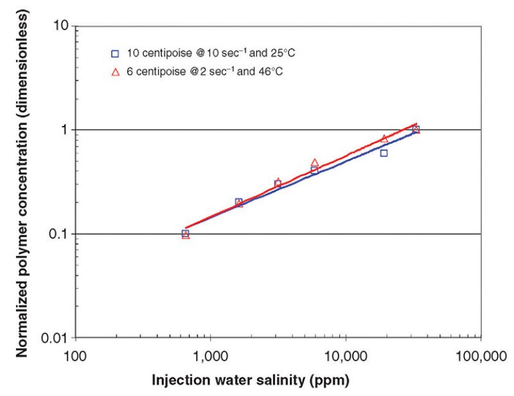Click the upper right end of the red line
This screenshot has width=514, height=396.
coord(417,123)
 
